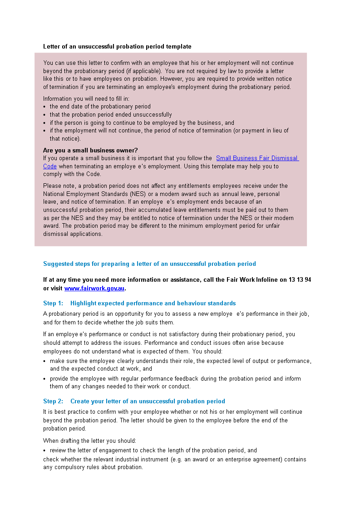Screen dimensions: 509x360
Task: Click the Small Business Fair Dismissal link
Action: [x=257, y=158]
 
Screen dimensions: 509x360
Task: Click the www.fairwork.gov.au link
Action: [x=94, y=289]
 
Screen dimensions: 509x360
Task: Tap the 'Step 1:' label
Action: [x=53, y=303]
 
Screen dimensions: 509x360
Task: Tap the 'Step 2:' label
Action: [x=53, y=401]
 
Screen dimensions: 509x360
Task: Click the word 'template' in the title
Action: [x=178, y=47]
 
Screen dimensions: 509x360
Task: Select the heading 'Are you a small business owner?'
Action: [x=90, y=151]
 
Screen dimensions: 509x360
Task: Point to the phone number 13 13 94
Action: [x=300, y=280]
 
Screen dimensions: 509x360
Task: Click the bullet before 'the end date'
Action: [x=44, y=107]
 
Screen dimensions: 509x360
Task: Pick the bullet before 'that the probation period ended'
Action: [x=44, y=115]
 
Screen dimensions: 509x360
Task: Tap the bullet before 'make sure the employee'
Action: [x=44, y=362]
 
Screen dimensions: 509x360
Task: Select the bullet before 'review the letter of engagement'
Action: [x=44, y=451]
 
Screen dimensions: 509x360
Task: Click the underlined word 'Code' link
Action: [x=50, y=166]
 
